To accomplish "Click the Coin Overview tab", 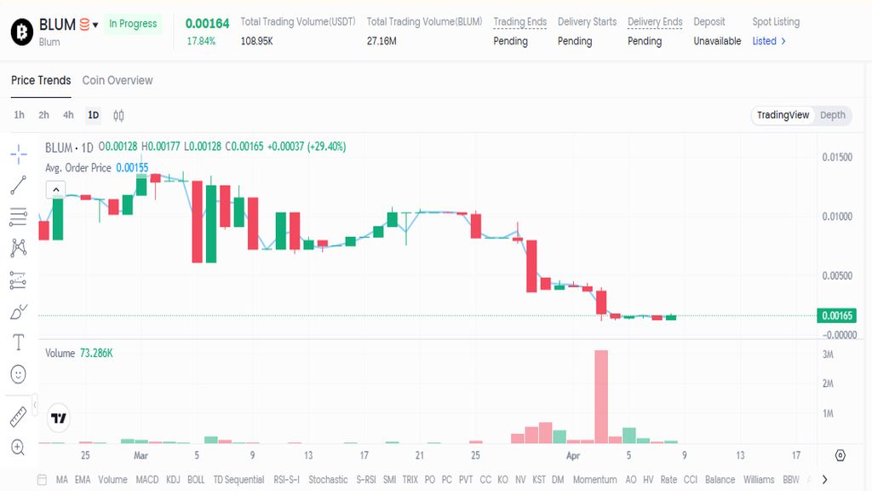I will click(x=118, y=80).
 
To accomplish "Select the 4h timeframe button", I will click(x=68, y=115).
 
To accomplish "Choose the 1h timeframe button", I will click(x=20, y=115).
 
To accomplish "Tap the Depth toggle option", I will click(x=833, y=115).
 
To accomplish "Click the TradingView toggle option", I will click(x=783, y=115).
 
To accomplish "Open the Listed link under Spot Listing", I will click(x=769, y=41).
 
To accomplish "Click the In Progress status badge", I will click(x=133, y=24).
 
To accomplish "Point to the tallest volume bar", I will click(x=601, y=396).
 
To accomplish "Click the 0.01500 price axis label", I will click(x=837, y=158).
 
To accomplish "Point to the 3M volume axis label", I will click(x=828, y=354).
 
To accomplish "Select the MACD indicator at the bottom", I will click(x=147, y=480).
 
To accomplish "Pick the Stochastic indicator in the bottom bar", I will click(x=328, y=480).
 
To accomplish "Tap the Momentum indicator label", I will click(x=594, y=480).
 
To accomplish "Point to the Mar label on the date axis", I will click(x=141, y=455).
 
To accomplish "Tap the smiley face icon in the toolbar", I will click(x=19, y=373).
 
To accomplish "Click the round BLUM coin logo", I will click(x=21, y=32).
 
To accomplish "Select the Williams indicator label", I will click(x=759, y=480).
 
